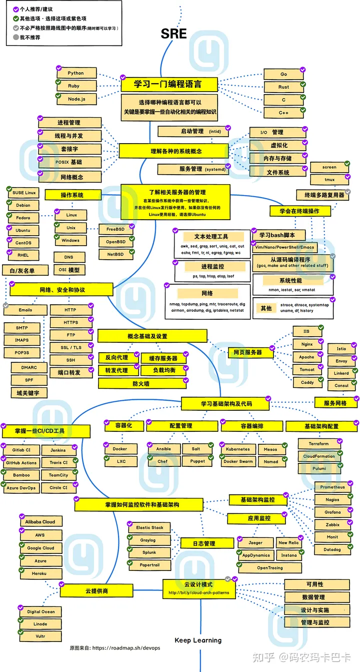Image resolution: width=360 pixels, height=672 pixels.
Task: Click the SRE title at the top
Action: coord(173,34)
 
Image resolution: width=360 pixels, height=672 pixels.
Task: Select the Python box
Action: coord(75,73)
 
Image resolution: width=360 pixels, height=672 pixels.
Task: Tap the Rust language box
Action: coord(283,87)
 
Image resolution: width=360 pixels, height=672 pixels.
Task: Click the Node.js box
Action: coord(75,99)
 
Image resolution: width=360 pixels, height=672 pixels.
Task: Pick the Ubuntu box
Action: coord(23,230)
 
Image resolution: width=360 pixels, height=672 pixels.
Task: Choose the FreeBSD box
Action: coord(115,229)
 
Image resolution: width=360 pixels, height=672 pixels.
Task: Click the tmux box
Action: coord(329,180)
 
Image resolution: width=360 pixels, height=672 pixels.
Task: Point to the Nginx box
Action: coord(307,344)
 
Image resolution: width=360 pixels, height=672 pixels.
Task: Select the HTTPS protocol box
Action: coord(70,323)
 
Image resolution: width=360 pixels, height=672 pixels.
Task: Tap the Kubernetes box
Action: coord(237,449)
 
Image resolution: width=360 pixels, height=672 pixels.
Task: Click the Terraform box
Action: coord(319,444)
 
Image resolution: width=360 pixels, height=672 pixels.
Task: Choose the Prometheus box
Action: coord(332,487)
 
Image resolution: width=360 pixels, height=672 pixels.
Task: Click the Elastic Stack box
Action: coord(150,527)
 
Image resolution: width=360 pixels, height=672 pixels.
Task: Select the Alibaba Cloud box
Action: coord(40,522)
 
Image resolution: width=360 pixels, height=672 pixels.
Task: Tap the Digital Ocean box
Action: coord(41,611)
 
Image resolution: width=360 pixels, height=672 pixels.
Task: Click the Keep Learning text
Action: coord(198,640)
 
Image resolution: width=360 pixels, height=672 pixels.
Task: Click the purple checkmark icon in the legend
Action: coord(16,10)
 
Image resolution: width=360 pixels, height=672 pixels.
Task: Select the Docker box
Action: coord(120,449)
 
